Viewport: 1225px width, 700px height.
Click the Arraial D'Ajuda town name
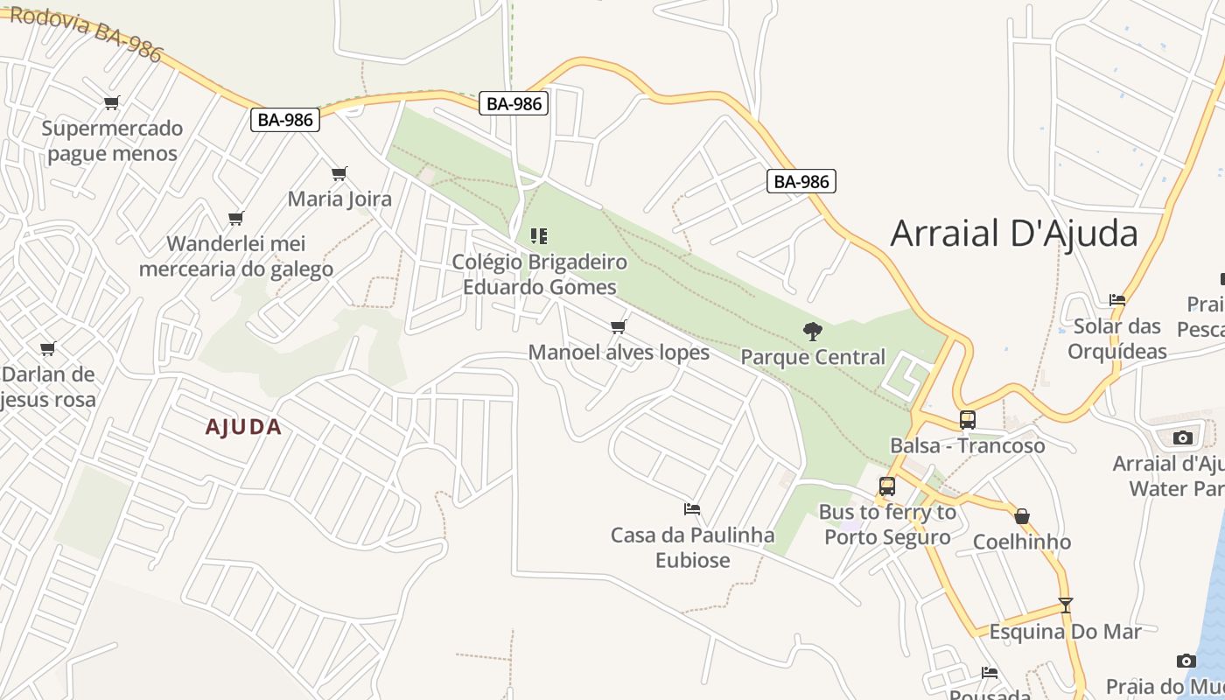tap(1014, 234)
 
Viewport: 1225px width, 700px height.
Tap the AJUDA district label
tap(243, 427)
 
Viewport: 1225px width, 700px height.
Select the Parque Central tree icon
tap(812, 331)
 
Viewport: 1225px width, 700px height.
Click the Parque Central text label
tap(813, 357)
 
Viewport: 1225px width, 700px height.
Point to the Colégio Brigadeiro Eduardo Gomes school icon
tap(539, 235)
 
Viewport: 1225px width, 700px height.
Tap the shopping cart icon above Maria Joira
tap(339, 173)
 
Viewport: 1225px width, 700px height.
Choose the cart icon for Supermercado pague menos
tap(111, 103)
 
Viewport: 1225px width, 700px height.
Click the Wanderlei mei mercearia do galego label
tap(236, 255)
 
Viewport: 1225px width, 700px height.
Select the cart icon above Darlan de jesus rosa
tap(48, 348)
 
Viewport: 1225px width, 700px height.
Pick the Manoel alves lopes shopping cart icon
tap(619, 326)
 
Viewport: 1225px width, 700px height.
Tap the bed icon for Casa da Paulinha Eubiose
tap(692, 508)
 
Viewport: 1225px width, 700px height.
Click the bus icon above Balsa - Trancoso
tap(967, 419)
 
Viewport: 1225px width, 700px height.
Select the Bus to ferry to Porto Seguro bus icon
tap(887, 486)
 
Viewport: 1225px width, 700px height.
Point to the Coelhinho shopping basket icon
tap(1021, 516)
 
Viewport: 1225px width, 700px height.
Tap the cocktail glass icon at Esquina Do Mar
tap(1065, 605)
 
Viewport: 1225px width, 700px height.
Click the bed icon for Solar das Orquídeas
tap(1117, 299)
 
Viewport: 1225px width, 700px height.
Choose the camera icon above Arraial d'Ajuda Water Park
tap(1183, 437)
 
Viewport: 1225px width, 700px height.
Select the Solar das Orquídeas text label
tap(1117, 339)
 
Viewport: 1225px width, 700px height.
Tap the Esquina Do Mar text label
tap(1065, 632)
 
